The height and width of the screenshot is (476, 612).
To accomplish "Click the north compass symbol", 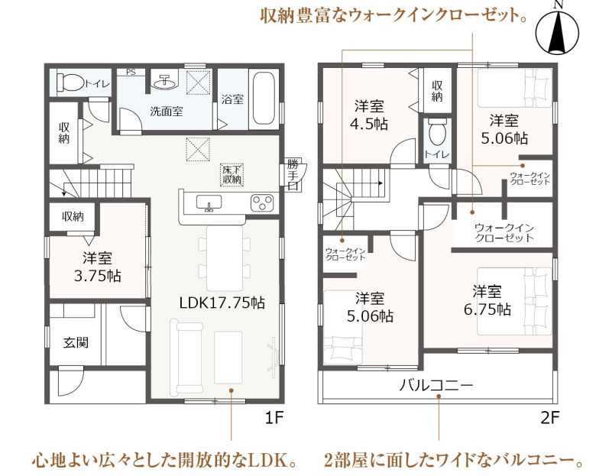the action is [557, 29].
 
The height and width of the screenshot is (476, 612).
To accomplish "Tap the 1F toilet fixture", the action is [70, 83].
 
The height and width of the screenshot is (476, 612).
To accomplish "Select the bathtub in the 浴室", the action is [264, 98].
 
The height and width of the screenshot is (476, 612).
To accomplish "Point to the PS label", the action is [131, 72].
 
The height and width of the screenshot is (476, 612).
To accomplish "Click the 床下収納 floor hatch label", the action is [232, 175].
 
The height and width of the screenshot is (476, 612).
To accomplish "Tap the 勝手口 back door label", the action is [293, 174].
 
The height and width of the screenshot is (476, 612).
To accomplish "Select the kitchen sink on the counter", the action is [209, 202].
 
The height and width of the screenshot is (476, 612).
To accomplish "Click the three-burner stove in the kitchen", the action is [262, 203].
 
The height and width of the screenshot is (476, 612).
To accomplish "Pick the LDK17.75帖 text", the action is [222, 303].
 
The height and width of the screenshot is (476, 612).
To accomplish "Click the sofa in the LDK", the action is [186, 357].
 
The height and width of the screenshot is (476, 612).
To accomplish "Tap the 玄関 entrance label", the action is [76, 342].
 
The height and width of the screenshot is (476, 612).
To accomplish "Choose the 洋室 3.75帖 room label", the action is [98, 267].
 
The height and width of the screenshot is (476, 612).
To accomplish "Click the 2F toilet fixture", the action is [437, 132].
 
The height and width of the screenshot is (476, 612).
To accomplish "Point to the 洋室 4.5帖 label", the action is [369, 115].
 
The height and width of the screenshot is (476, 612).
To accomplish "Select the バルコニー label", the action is [436, 386].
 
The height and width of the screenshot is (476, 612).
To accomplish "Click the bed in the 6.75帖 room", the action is [514, 301].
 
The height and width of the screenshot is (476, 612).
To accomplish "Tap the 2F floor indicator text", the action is [549, 418].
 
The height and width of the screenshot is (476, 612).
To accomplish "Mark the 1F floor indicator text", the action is [274, 418].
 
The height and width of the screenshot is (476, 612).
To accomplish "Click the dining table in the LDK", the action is [225, 258].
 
